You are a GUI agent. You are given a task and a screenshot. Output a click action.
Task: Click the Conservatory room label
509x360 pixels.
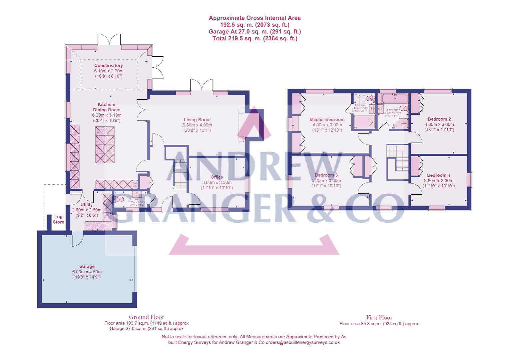pyautogui.click(x=108, y=66)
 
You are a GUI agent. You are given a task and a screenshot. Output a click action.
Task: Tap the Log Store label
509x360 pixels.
pyautogui.click(x=59, y=219)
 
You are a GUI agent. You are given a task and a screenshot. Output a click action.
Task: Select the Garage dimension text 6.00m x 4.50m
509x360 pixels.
pyautogui.click(x=87, y=272)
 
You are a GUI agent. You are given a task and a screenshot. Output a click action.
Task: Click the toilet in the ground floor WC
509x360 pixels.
pyautogui.click(x=120, y=199)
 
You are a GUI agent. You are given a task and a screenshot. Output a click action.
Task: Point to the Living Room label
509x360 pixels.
pyautogui.click(x=197, y=120)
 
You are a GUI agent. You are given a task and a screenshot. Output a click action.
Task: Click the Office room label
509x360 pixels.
pyautogui.click(x=217, y=177)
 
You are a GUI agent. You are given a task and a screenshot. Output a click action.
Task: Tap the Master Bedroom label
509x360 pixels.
pyautogui.click(x=327, y=119)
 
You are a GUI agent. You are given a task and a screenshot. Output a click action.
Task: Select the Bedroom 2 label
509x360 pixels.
pyautogui.click(x=439, y=119)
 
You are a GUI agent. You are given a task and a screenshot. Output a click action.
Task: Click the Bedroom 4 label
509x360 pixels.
pyautogui.click(x=439, y=175)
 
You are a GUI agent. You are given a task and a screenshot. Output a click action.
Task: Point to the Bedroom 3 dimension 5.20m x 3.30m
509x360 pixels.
pyautogui.click(x=326, y=181)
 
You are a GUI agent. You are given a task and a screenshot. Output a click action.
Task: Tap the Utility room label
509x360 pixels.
pyautogui.click(x=87, y=205)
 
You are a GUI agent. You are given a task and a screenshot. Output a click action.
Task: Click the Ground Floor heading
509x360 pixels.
pyautogui.click(x=147, y=317)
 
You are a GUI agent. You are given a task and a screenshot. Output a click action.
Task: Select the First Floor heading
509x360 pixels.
pyautogui.click(x=379, y=318)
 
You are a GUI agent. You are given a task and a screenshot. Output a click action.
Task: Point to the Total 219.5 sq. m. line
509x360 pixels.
pyautogui.click(x=254, y=38)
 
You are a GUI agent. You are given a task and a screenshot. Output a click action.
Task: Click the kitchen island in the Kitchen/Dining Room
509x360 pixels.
pyautogui.click(x=105, y=145)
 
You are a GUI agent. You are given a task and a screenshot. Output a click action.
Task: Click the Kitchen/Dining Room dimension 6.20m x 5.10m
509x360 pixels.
pyautogui.click(x=106, y=115)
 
